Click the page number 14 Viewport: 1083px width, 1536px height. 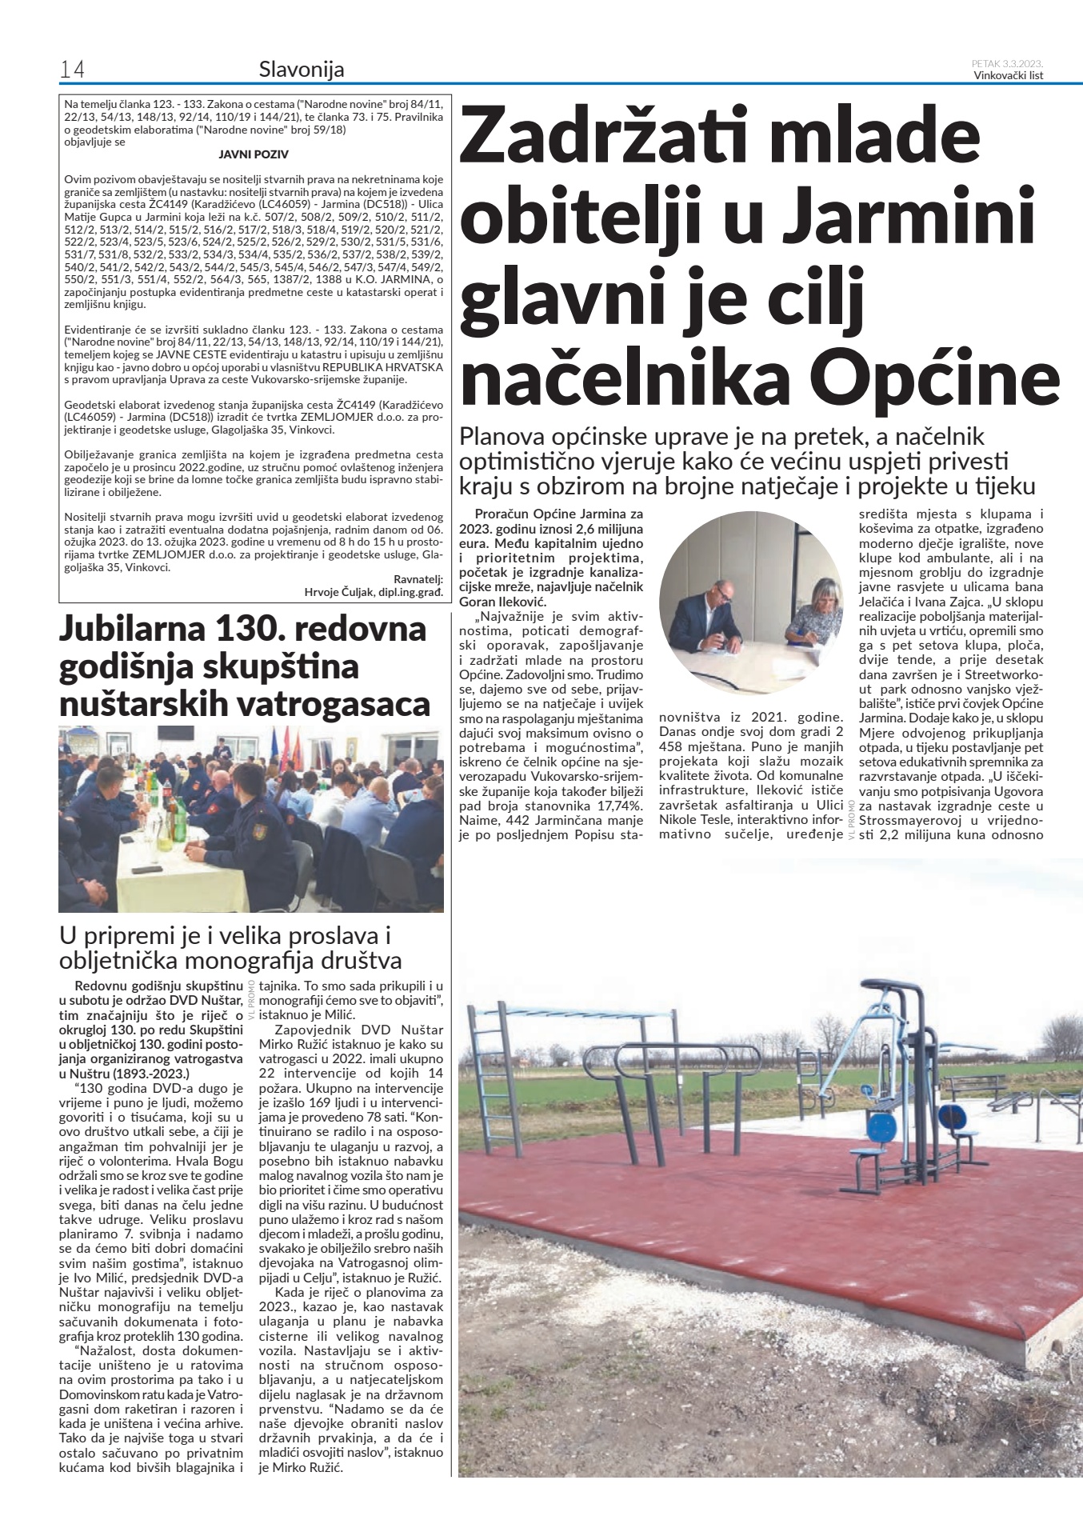(x=72, y=70)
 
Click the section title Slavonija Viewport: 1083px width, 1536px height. (x=302, y=70)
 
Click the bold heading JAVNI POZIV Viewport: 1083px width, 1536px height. (x=254, y=154)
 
